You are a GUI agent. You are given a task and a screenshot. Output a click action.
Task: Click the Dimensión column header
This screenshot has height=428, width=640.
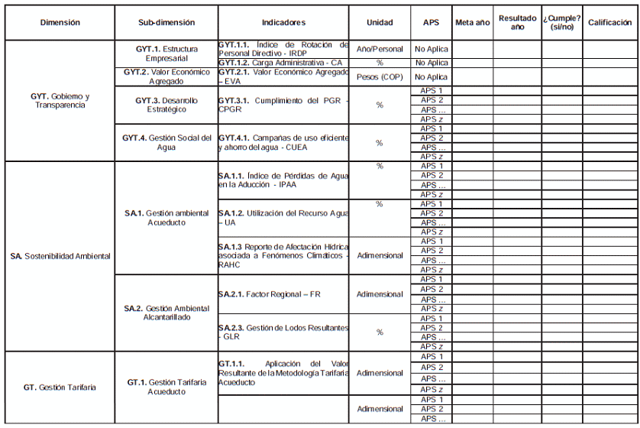[x=60, y=23]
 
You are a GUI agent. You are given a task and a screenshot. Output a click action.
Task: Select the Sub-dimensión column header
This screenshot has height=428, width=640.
[x=166, y=23]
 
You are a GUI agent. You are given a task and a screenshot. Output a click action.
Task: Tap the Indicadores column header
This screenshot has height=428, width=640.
[x=283, y=23]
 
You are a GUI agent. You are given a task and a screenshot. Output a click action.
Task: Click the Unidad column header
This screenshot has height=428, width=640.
[x=380, y=23]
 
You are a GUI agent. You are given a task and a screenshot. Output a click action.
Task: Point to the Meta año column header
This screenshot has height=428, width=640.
[x=472, y=23]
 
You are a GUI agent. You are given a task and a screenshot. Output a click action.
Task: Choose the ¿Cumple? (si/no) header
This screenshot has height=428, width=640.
[x=561, y=23]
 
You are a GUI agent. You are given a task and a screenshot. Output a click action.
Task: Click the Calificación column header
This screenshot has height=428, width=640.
[x=609, y=23]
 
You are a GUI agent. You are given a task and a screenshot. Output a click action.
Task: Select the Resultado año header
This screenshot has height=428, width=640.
[x=517, y=23]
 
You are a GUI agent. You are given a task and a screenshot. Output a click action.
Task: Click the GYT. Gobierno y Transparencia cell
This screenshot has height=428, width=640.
[x=60, y=100]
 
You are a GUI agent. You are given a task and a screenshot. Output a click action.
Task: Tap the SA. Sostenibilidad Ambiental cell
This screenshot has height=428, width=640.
[x=60, y=256]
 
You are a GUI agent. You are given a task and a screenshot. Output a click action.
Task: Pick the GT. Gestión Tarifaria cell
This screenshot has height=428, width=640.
[x=60, y=387]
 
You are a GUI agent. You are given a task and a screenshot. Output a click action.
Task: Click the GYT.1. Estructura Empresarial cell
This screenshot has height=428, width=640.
[x=166, y=53]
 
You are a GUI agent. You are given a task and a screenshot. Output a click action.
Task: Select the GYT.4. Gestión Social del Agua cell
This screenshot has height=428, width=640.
[x=166, y=142]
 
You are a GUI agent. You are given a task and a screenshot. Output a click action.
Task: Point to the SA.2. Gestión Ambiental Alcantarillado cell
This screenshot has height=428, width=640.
[x=166, y=313]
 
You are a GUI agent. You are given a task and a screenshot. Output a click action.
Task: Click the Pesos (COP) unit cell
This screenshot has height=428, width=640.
[x=380, y=77]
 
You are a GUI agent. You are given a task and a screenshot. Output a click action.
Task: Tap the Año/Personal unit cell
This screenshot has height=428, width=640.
[x=380, y=49]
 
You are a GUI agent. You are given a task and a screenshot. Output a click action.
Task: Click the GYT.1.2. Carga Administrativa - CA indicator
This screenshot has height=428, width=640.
[x=280, y=63]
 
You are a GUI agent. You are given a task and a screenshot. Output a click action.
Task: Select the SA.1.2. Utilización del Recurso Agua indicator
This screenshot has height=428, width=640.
[x=283, y=218]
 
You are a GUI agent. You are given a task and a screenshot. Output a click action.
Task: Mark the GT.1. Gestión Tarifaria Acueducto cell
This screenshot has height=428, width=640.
[x=166, y=387]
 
